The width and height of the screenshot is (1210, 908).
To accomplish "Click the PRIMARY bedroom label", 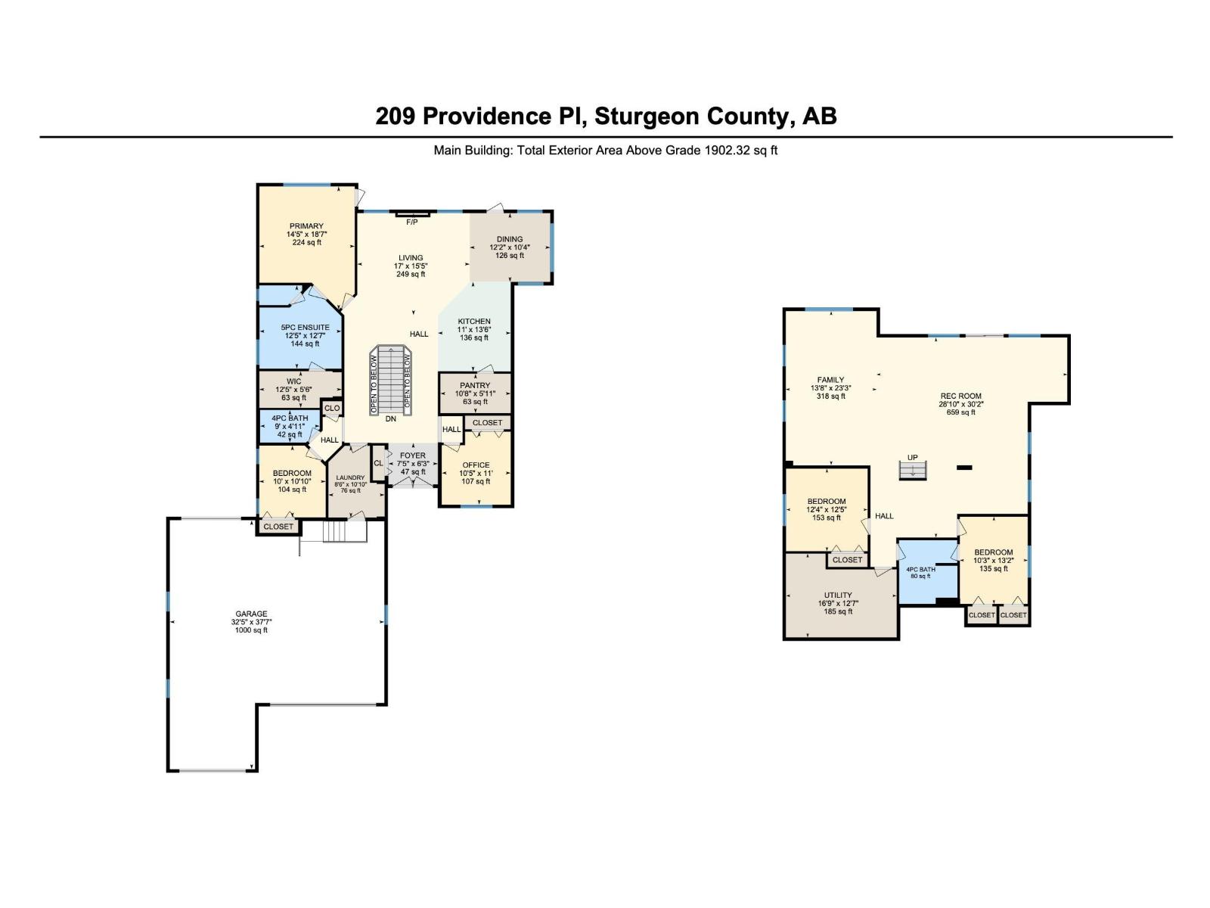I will pyautogui.click(x=306, y=226).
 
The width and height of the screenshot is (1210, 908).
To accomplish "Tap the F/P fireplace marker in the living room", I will pyautogui.click(x=412, y=222).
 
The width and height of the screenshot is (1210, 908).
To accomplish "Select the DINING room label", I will pyautogui.click(x=510, y=239).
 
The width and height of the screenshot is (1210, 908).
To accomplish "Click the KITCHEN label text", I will pyautogui.click(x=474, y=322).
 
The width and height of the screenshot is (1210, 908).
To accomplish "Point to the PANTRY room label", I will pyautogui.click(x=475, y=386).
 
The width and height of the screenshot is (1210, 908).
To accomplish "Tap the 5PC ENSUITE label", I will pyautogui.click(x=305, y=328).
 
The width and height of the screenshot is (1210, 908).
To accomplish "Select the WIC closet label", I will pyautogui.click(x=293, y=381).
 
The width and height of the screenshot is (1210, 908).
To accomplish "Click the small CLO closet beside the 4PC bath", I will pyautogui.click(x=332, y=409).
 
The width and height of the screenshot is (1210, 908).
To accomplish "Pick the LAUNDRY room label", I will pyautogui.click(x=350, y=477).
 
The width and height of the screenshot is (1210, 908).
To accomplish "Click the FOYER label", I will pyautogui.click(x=413, y=456).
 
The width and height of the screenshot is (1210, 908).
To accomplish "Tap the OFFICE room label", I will pyautogui.click(x=476, y=465).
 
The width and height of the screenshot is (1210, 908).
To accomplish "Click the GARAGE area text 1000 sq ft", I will pyautogui.click(x=251, y=630).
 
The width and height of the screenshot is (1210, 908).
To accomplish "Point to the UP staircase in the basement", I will pyautogui.click(x=913, y=469).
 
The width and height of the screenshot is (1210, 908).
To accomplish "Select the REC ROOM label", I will pyautogui.click(x=960, y=396).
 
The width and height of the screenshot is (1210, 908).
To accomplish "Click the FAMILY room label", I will pyautogui.click(x=830, y=380).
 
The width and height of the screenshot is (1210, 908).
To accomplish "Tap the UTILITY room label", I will pyautogui.click(x=838, y=595).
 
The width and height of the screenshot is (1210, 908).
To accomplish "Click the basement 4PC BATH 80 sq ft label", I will pyautogui.click(x=920, y=573).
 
